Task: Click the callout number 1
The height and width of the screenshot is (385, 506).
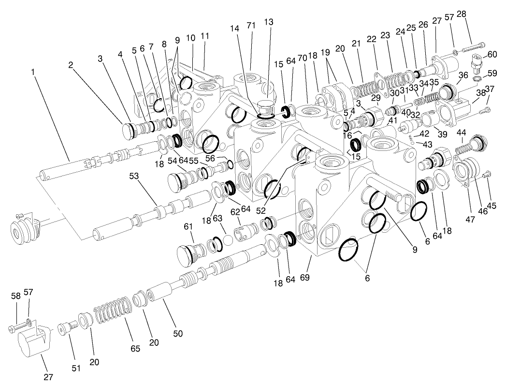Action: click(33, 72)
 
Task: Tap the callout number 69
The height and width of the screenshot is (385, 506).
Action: click(304, 277)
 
